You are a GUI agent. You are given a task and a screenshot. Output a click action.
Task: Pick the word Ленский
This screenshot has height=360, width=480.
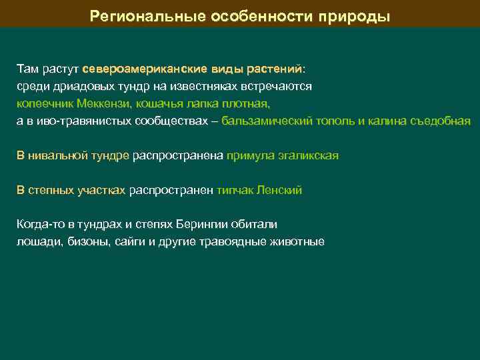point(280,190)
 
